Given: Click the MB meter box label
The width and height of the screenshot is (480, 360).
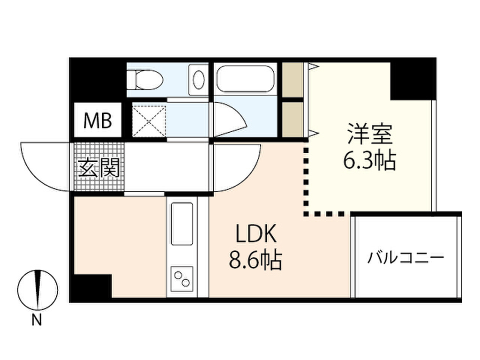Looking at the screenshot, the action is pyautogui.click(x=97, y=120).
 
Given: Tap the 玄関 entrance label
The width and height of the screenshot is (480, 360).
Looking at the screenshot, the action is pyautogui.click(x=98, y=168).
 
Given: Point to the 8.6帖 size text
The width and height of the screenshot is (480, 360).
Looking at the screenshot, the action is pyautogui.click(x=255, y=260).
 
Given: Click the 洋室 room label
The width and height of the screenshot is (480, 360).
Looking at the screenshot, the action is pyautogui.click(x=370, y=134).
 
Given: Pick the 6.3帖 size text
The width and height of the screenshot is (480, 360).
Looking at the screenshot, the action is pyautogui.click(x=369, y=160).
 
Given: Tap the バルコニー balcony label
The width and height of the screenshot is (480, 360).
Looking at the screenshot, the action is pyautogui.click(x=405, y=258).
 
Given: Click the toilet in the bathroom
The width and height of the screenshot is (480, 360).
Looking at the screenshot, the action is pyautogui.click(x=145, y=80).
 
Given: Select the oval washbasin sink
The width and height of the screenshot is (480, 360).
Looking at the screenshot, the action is pyautogui.click(x=199, y=80).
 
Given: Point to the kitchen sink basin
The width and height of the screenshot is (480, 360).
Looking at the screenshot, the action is pyautogui.click(x=182, y=224).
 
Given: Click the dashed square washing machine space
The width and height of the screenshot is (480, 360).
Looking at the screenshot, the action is pyautogui.click(x=149, y=120).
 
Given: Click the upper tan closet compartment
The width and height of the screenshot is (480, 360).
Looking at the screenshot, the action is pyautogui.click(x=292, y=80).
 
